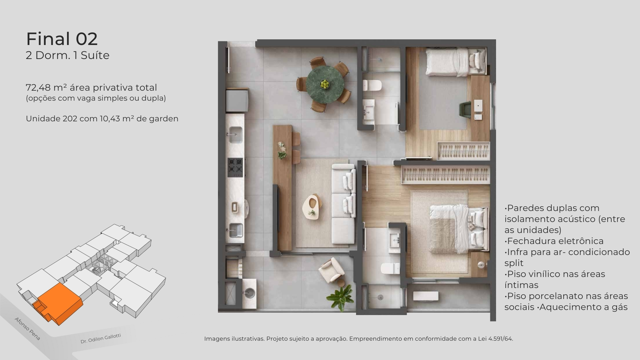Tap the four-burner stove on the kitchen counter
coord(235,167)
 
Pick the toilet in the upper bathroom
coord(372,85)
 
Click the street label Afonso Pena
coord(27,329)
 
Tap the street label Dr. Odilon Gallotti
coord(101,339)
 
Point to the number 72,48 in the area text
coord(38,88)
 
